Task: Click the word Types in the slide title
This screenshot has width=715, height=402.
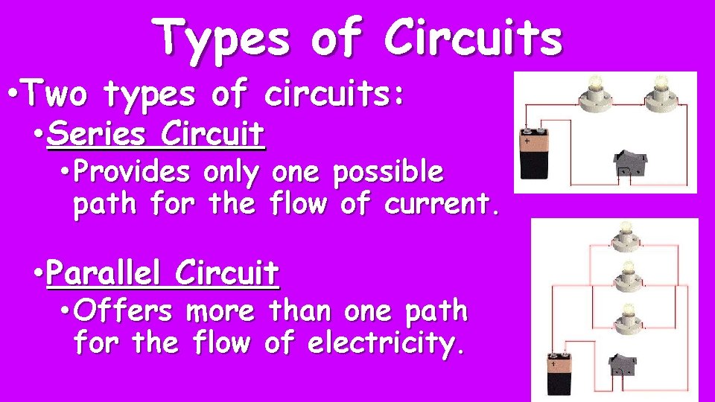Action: pyautogui.click(x=222, y=39)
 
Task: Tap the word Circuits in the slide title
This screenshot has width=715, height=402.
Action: pyautogui.click(x=473, y=39)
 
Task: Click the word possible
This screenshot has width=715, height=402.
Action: pyautogui.click(x=388, y=172)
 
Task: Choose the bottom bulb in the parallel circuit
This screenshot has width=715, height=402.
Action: pyautogui.click(x=625, y=321)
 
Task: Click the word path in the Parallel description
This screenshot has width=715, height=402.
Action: pyautogui.click(x=433, y=312)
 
